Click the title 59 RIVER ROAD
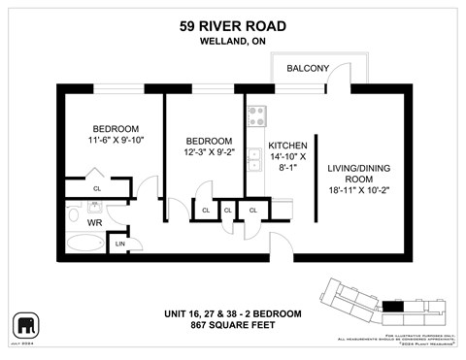click(233, 26)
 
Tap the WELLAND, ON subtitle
click(233, 42)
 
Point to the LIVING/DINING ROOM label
click(357, 174)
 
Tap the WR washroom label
click(95, 222)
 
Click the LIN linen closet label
click(120, 244)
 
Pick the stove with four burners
click(257, 116)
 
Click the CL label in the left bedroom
click(97, 188)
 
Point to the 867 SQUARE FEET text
click(233, 325)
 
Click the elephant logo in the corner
click(24, 323)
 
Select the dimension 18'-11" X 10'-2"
click(357, 192)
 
